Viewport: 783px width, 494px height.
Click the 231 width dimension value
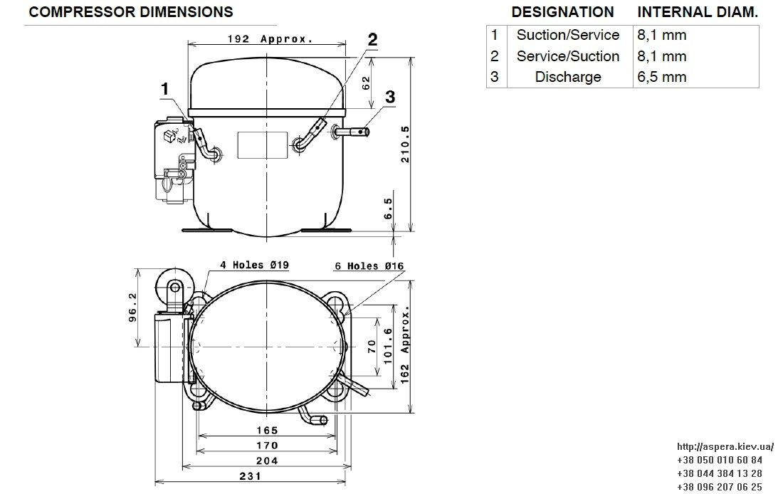click(x=250, y=476)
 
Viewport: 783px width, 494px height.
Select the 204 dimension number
click(x=267, y=461)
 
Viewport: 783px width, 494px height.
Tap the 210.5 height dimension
click(x=405, y=144)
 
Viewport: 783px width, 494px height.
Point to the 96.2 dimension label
click(x=133, y=308)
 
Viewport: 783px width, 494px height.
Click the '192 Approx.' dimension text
click(x=270, y=39)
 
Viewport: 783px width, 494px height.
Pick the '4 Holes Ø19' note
click(x=255, y=265)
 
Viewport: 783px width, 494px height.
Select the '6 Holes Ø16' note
click(x=369, y=266)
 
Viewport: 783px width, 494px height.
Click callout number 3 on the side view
click(x=390, y=97)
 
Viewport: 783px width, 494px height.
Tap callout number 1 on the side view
click(x=165, y=89)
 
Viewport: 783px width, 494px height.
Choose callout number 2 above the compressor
click(x=372, y=40)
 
